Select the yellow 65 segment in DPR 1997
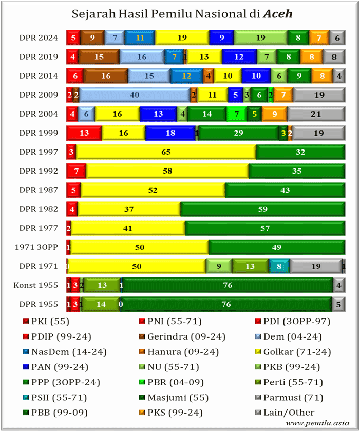point(166,152)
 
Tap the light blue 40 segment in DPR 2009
point(135,95)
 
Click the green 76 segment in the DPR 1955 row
point(226,304)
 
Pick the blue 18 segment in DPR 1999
point(169,133)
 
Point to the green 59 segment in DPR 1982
point(262,209)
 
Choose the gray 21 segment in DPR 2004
point(316,114)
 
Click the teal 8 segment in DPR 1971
point(279,266)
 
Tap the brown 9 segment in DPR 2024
point(92,38)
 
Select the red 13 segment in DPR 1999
point(84,133)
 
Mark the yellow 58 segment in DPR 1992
point(167,171)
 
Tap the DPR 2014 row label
point(39,76)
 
